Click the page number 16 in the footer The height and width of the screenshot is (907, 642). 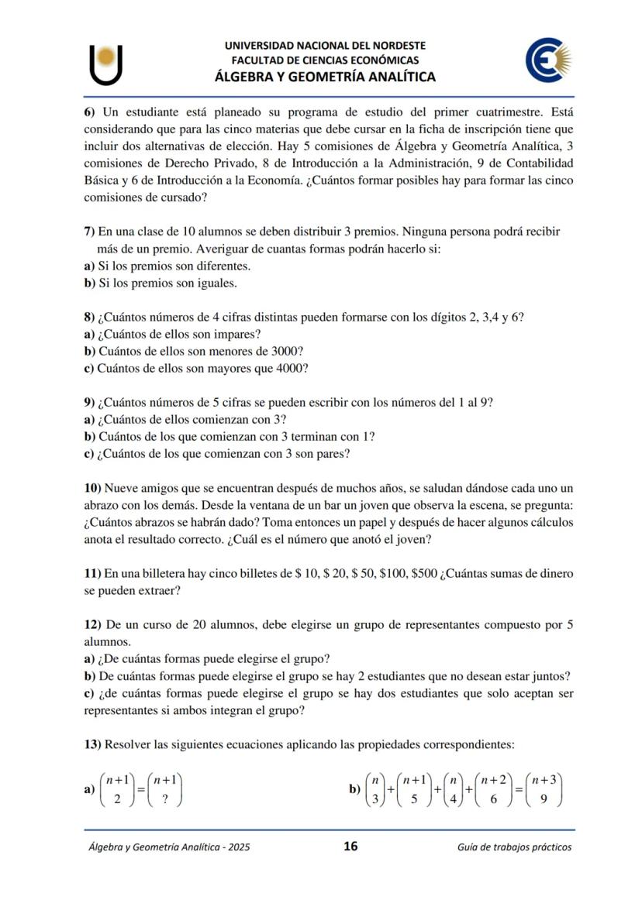[x=350, y=846]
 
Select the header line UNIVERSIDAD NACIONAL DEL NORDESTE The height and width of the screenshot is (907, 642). [x=325, y=46]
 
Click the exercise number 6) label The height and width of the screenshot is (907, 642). [x=90, y=112]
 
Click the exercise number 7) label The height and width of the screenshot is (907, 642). [x=90, y=232]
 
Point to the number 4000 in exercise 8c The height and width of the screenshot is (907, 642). [x=289, y=368]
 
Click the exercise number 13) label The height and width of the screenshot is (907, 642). [x=93, y=744]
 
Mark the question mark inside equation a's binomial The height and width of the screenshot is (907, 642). [x=164, y=799]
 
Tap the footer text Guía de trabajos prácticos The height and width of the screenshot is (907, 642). [x=515, y=847]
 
